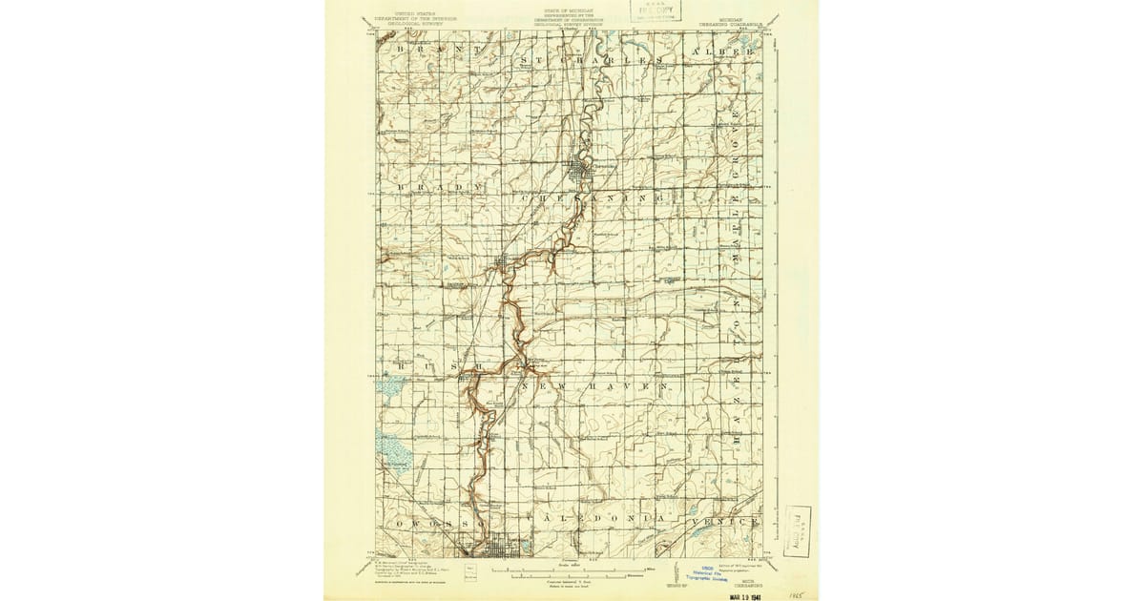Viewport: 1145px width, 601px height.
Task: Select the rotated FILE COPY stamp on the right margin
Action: point(798,531)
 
